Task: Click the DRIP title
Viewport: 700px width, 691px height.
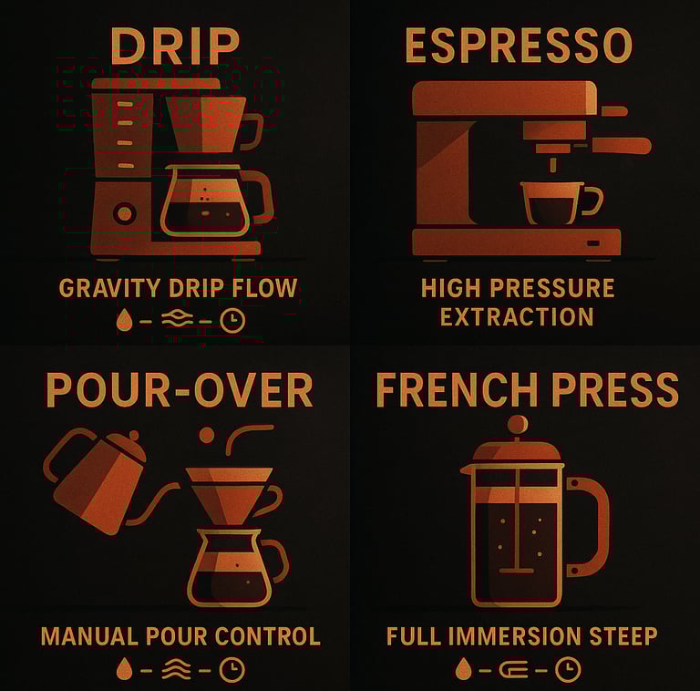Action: [175, 46]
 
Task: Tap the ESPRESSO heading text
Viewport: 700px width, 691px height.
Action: [519, 45]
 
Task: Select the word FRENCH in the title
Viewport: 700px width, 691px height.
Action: [458, 389]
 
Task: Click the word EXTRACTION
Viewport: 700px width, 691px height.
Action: [517, 317]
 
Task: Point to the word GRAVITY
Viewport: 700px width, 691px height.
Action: [109, 288]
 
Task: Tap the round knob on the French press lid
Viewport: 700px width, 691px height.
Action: [518, 424]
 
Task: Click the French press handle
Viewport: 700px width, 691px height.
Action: [590, 527]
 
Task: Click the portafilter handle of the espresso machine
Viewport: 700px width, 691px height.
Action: [622, 146]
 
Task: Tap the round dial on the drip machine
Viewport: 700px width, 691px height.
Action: [125, 214]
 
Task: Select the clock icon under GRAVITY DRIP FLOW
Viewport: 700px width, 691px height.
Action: [232, 321]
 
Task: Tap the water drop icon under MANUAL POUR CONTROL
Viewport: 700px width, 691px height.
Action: [125, 669]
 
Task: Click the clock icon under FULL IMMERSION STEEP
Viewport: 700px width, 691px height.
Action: [569, 669]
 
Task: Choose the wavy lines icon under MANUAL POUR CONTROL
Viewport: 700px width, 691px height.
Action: [176, 669]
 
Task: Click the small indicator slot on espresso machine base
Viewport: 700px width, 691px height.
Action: [593, 243]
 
